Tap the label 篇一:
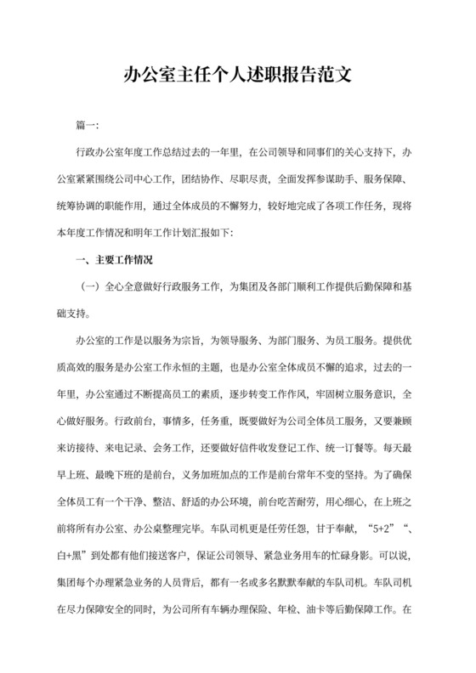(88, 127)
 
